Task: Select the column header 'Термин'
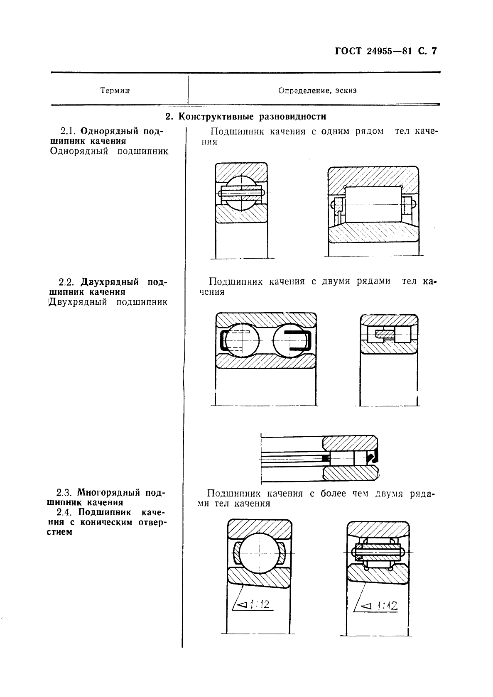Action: point(115,90)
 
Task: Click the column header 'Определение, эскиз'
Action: point(317,90)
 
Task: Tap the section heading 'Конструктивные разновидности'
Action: point(252,117)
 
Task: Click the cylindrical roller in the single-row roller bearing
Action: point(373,204)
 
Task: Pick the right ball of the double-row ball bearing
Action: point(289,341)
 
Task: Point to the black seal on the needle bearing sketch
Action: point(372,457)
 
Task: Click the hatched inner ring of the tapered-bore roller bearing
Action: point(377,575)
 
